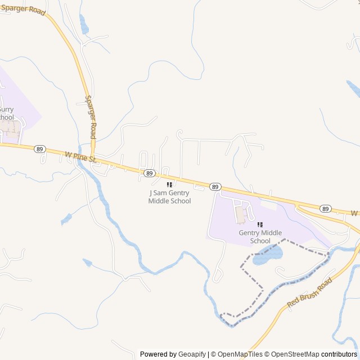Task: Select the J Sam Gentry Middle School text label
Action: pos(169,197)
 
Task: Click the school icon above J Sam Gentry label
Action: pos(169,184)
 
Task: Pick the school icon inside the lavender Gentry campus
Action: pos(260,224)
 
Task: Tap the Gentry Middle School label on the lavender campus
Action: pos(260,237)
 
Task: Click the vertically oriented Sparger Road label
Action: pos(91,117)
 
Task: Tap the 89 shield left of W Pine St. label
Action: pos(39,149)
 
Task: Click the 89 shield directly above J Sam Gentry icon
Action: pos(148,173)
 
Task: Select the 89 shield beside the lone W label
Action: pos(326,209)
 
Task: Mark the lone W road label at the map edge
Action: pos(354,213)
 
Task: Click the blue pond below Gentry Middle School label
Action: pos(267,255)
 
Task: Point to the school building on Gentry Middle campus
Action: pos(241,214)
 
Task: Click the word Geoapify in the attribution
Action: pos(193,354)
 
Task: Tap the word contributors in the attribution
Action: pos(339,354)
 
